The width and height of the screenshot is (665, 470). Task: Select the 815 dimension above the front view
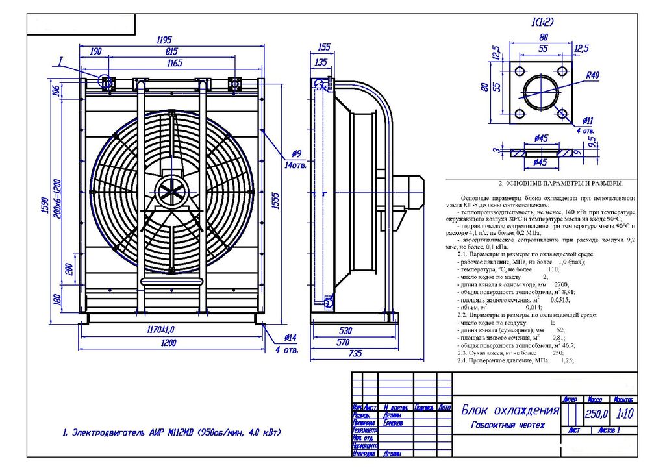[172, 51]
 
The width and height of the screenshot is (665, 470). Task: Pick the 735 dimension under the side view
[355, 353]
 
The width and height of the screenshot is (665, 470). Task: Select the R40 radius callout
[592, 75]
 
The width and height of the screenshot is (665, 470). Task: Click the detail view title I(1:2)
[542, 22]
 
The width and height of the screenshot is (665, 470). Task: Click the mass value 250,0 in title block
[596, 414]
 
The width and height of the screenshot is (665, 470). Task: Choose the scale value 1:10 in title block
[625, 414]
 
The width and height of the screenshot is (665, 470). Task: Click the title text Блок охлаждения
[510, 410]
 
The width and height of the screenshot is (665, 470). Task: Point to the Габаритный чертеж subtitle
[508, 425]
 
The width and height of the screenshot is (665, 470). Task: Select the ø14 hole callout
[290, 338]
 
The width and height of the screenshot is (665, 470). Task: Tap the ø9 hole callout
[296, 154]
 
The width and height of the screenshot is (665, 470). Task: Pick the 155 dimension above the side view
[325, 47]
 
